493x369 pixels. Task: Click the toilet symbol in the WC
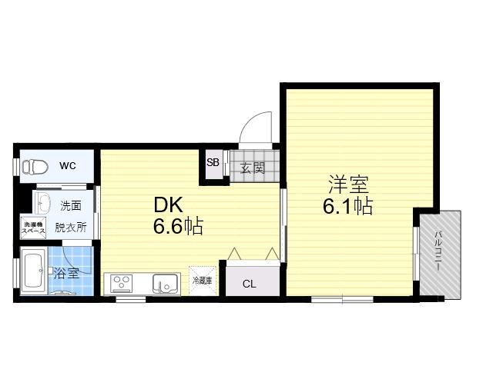pos(35,167)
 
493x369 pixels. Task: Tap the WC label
pos(68,166)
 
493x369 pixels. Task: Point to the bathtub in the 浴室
pos(34,271)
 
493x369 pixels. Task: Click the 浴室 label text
pos(66,273)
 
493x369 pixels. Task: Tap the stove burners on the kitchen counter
pos(122,284)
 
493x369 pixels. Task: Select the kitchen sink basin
pos(165,284)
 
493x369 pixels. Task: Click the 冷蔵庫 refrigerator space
pos(202,281)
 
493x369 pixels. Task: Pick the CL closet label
pos(250,284)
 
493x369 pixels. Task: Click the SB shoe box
pos(213,163)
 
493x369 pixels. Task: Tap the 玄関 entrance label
pos(253,168)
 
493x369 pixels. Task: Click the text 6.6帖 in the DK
pos(178,226)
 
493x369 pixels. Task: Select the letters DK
pos(168,205)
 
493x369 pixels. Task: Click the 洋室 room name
pos(348,184)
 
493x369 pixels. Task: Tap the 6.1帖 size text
pos(348,206)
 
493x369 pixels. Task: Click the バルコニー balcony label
pos(439,251)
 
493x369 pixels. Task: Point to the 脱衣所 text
pos(71,228)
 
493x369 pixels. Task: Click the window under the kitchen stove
pos(131,300)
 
